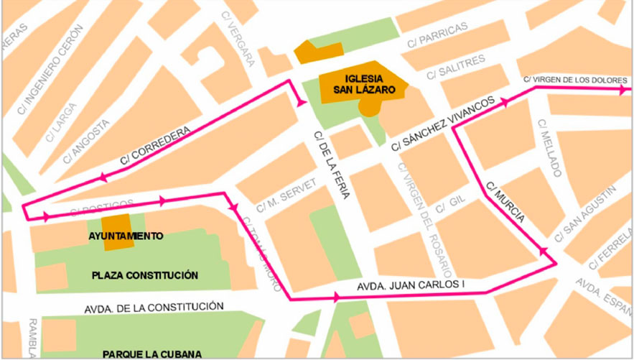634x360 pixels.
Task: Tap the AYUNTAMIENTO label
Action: pos(126,236)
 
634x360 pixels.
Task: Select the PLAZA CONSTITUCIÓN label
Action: pos(144,274)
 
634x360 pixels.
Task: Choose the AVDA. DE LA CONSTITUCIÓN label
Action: pos(154,308)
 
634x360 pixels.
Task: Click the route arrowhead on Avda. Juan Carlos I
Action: pos(337,296)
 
